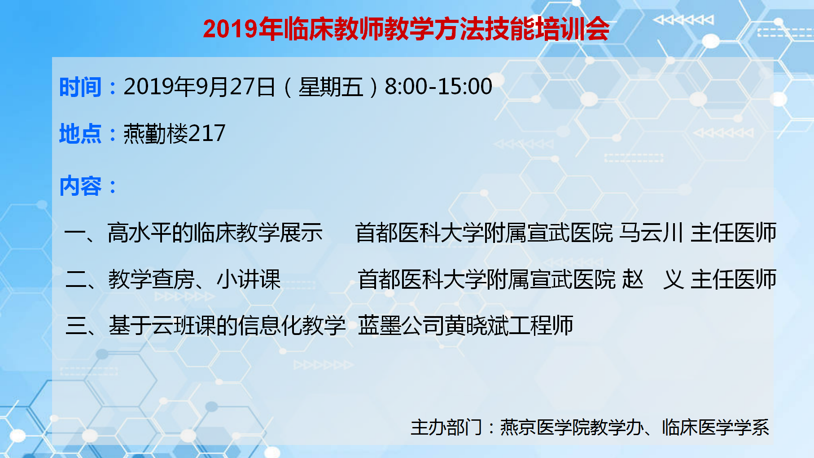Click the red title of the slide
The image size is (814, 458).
[406, 29]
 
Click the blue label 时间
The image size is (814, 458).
[81, 87]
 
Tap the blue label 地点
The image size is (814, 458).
[81, 134]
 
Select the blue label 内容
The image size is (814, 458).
[81, 186]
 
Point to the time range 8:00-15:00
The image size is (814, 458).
[438, 87]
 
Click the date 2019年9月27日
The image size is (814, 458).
[199, 87]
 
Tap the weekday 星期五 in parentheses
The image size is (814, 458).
[331, 87]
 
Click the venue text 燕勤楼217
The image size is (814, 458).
[175, 133]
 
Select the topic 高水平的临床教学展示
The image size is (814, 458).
[215, 233]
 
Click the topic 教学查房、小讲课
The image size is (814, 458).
[194, 279]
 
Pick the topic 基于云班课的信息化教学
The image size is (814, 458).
[227, 326]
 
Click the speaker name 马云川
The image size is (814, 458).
[651, 233]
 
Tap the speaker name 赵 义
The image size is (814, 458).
[654, 279]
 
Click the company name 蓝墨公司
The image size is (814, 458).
[401, 326]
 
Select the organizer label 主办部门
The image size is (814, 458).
[446, 427]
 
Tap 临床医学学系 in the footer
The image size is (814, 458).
[716, 427]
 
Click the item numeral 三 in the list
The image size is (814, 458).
[76, 326]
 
